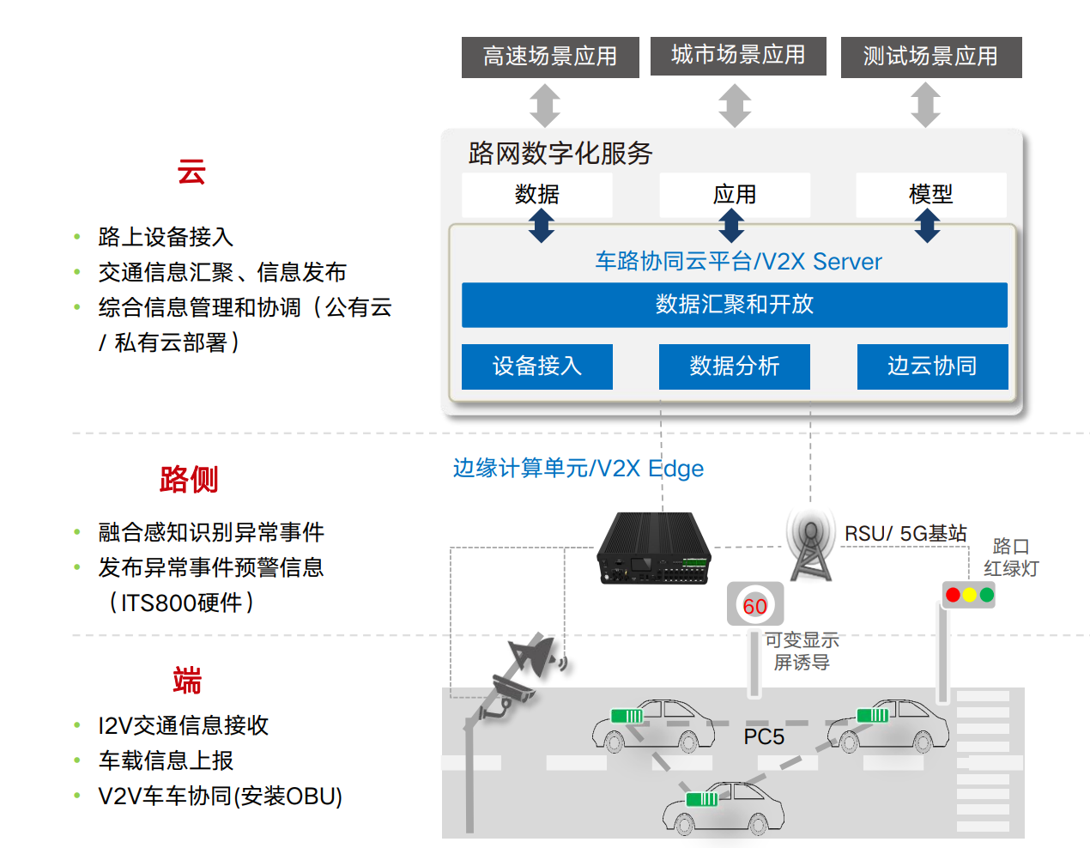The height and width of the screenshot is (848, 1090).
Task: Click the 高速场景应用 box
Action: pyautogui.click(x=550, y=57)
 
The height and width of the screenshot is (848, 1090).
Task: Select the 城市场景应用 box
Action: pyautogui.click(x=738, y=56)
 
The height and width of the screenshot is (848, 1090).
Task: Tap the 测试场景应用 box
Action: pyautogui.click(x=931, y=57)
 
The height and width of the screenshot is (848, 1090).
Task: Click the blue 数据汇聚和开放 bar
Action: pyautogui.click(x=735, y=305)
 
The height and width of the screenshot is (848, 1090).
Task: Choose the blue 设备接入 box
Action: pyautogui.click(x=537, y=366)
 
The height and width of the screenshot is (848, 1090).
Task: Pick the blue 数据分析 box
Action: pyautogui.click(x=735, y=366)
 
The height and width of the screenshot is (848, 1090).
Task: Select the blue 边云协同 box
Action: pyautogui.click(x=932, y=366)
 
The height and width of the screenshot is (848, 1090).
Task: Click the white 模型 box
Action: pyautogui.click(x=931, y=195)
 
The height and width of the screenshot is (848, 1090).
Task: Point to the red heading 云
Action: pyautogui.click(x=191, y=172)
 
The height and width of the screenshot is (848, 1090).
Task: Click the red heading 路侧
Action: pyautogui.click(x=189, y=479)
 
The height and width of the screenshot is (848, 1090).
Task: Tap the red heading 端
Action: pyautogui.click(x=187, y=681)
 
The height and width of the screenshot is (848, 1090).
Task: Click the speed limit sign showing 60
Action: pyautogui.click(x=755, y=605)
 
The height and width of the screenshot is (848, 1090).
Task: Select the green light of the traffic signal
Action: pyautogui.click(x=987, y=595)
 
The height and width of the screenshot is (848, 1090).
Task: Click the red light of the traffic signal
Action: pyautogui.click(x=953, y=595)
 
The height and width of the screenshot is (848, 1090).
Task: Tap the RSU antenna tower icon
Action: pyautogui.click(x=811, y=546)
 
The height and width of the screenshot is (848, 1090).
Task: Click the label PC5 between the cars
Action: pyautogui.click(x=764, y=736)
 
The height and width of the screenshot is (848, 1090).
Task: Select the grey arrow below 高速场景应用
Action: pyautogui.click(x=545, y=105)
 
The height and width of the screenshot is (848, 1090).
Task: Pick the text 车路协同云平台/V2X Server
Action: pyautogui.click(x=738, y=261)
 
